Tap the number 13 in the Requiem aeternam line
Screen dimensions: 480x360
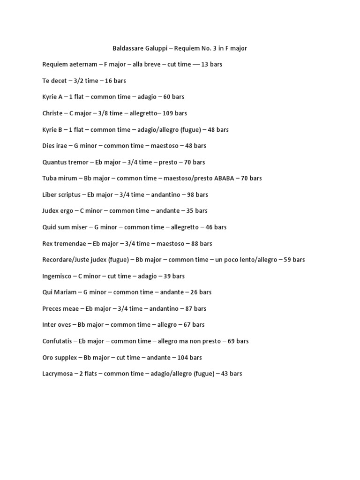pos(205,64)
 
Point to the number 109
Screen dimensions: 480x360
pos(168,113)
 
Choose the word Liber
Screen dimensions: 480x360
pos(49,195)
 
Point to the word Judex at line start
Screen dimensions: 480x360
pos(51,211)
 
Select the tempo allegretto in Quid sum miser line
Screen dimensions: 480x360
pos(181,227)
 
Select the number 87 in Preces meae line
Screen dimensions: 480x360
pos(188,308)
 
